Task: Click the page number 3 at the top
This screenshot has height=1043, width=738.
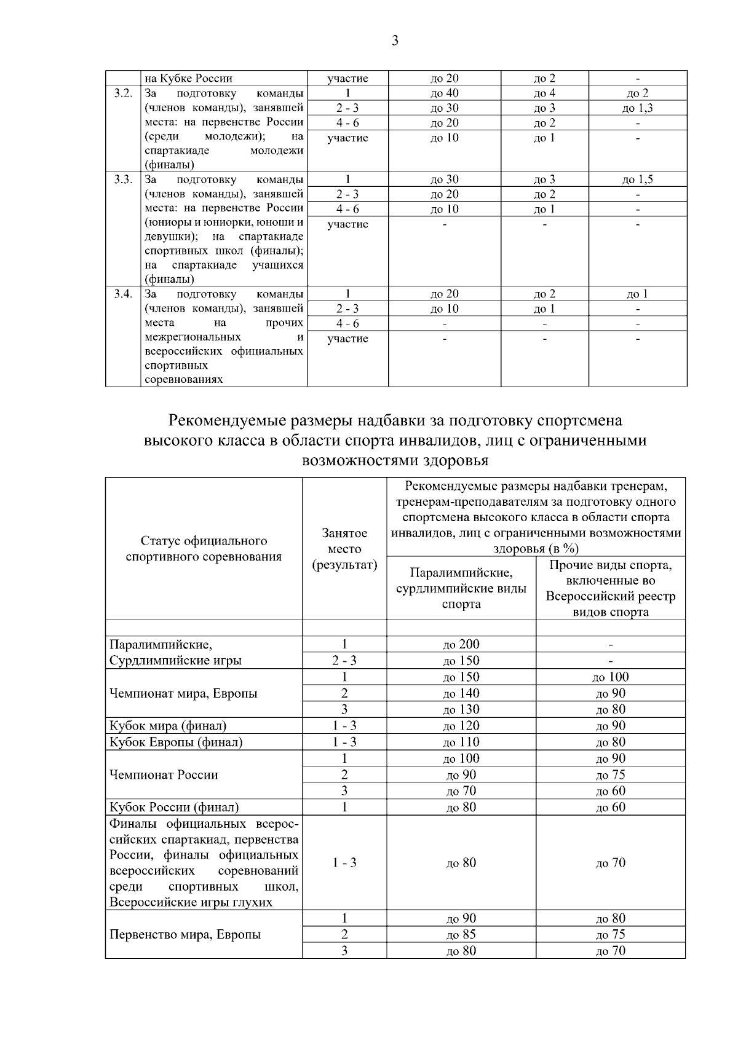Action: [394, 41]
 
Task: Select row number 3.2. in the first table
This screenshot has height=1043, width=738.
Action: [123, 93]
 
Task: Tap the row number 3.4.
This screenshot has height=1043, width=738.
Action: [123, 294]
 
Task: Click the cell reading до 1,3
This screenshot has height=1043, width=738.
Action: [637, 108]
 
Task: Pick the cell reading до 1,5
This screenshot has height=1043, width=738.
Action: [637, 179]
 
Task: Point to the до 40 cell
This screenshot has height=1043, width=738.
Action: [444, 93]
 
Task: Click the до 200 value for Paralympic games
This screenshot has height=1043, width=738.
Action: [461, 644]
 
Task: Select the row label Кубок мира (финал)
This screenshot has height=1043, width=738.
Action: [168, 726]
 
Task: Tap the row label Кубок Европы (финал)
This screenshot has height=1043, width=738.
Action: [176, 742]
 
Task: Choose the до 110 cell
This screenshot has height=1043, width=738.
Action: [461, 742]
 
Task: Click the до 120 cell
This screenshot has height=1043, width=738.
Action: [461, 726]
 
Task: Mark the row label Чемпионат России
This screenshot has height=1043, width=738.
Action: [164, 774]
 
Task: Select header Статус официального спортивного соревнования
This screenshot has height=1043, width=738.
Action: [204, 549]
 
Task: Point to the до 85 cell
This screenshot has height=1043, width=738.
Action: [461, 935]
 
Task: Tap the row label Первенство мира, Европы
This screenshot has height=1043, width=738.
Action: [185, 935]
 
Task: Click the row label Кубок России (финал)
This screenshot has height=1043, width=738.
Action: [174, 807]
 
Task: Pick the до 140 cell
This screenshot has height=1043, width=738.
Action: [461, 693]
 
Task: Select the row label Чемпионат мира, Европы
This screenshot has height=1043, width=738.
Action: [183, 693]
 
